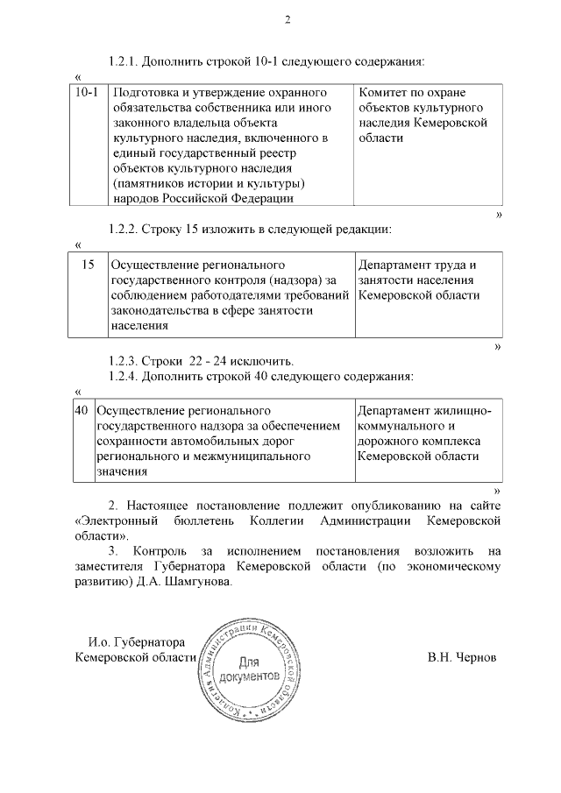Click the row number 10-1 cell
click(x=87, y=92)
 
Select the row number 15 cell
click(x=88, y=264)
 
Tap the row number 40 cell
click(x=82, y=409)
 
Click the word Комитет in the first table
click(x=385, y=92)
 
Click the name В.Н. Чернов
click(x=462, y=657)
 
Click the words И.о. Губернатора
click(x=137, y=641)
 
